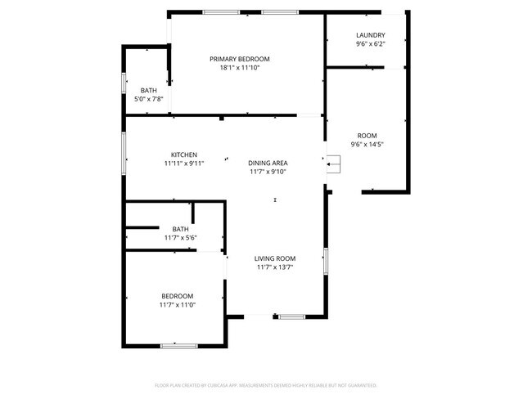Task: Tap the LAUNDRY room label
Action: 370,35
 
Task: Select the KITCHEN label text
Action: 183,155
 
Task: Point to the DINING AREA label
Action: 268,163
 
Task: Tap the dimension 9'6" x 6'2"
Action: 370,44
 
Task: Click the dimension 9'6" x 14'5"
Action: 367,145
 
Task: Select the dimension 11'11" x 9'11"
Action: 183,164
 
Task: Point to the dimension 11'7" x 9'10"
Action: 268,172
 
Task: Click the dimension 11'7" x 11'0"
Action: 177,305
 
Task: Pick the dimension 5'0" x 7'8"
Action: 148,100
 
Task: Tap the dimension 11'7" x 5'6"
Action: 180,238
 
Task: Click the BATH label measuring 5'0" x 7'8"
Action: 148,91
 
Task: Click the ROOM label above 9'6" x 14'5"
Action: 367,136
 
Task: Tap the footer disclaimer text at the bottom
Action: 265,384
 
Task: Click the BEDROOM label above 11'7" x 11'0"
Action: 177,296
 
